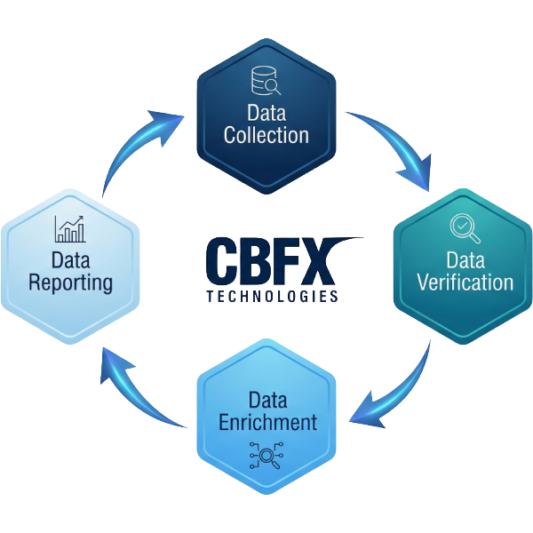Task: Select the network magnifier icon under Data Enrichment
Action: point(266,456)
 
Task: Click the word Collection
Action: point(266,135)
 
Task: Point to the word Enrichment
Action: point(267,421)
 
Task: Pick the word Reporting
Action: point(70,283)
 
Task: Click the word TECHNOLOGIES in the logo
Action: point(272,296)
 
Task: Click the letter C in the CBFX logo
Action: point(221,261)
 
